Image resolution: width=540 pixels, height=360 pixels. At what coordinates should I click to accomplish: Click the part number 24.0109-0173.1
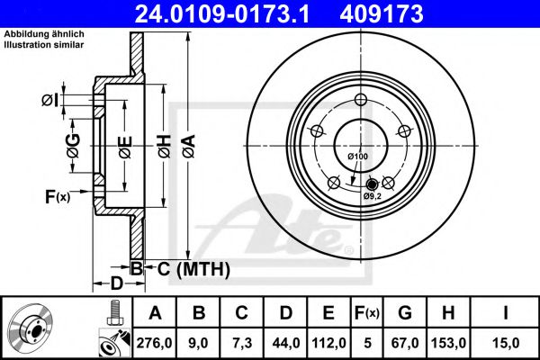click(x=234, y=13)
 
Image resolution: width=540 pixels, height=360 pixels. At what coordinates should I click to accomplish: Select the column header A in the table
click(x=155, y=314)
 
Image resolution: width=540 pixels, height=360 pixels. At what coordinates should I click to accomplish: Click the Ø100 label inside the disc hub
click(x=358, y=157)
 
